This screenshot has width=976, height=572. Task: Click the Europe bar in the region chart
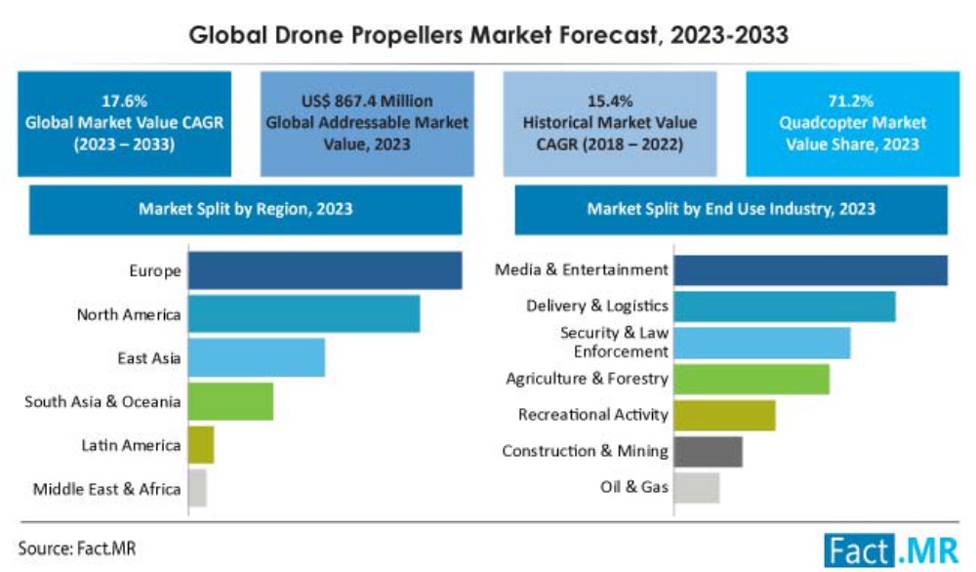click(324, 270)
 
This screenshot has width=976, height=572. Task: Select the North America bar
click(304, 314)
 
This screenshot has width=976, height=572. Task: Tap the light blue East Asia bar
click(256, 358)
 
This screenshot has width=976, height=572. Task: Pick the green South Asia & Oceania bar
click(230, 401)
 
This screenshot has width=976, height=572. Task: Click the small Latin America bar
click(201, 445)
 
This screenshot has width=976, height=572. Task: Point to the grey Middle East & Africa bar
click(197, 488)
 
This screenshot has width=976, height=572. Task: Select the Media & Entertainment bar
click(810, 270)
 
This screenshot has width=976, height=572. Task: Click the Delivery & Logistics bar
click(784, 306)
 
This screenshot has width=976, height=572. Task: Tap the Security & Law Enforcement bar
click(761, 343)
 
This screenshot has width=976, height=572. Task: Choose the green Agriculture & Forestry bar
click(751, 379)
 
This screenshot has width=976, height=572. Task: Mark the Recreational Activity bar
click(724, 415)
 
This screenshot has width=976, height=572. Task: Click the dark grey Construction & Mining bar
click(708, 451)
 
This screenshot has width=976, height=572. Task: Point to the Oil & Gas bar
click(696, 487)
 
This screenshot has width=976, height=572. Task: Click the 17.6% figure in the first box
click(123, 101)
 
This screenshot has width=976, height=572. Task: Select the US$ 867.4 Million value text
click(368, 101)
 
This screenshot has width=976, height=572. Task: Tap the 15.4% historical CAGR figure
click(609, 101)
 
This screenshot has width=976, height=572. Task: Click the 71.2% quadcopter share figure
click(852, 101)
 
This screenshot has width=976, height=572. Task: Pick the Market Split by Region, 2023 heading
click(246, 209)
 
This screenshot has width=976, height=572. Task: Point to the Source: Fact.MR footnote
click(77, 549)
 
